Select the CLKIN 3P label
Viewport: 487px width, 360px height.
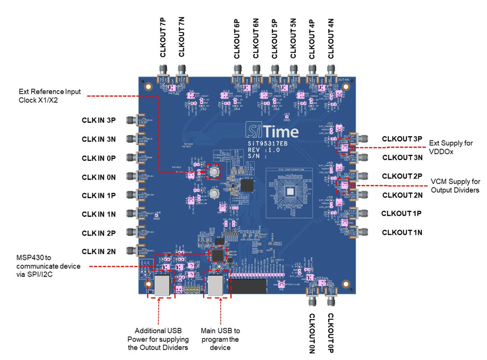tap(99, 120)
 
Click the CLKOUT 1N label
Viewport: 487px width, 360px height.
tap(402, 232)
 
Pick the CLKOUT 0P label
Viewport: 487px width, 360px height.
tap(330, 333)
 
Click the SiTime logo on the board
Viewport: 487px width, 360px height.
tap(272, 130)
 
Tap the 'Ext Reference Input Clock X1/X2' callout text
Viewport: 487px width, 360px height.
tap(49, 95)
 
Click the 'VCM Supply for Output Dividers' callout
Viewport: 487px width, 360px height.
tap(455, 186)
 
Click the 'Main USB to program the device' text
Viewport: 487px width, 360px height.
tap(220, 339)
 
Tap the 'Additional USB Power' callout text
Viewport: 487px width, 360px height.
tap(158, 339)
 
